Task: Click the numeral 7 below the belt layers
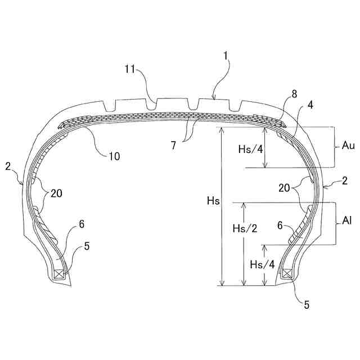pos(174,145)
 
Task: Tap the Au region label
pos(347,146)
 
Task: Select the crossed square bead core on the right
pos(286,274)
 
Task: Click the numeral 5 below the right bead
pos(307,305)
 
